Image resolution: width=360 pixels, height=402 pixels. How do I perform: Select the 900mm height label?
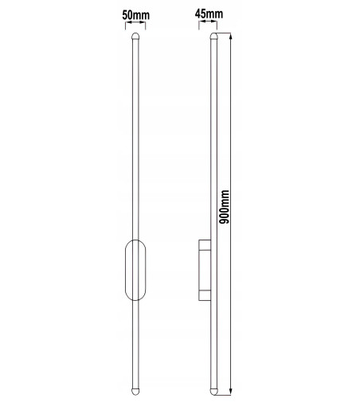tap(225, 208)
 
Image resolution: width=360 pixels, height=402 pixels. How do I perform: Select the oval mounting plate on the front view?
tap(135, 270)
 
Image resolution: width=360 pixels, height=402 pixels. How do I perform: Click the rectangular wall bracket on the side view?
tap(204, 271)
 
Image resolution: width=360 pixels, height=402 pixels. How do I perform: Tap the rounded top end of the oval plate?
tap(135, 244)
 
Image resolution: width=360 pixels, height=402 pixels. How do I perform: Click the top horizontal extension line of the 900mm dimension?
tap(224, 33)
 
